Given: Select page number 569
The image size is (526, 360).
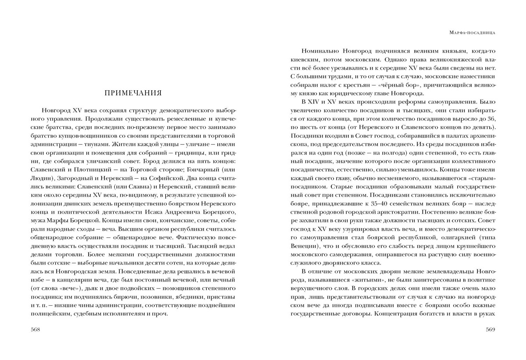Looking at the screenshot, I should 490,329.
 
